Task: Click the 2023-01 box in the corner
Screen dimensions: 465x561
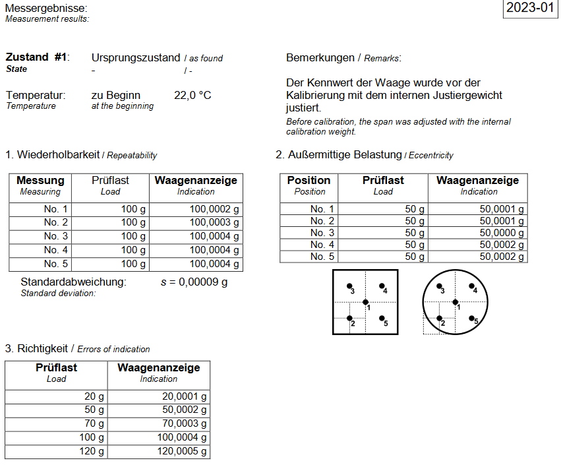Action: [x=530, y=9]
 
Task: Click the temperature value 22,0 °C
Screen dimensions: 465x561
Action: [x=192, y=96]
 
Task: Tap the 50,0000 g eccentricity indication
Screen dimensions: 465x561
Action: [x=502, y=233]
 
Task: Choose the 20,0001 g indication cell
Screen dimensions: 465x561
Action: [x=184, y=396]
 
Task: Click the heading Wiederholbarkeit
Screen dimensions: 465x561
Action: [x=58, y=155]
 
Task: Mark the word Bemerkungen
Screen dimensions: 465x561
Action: [x=320, y=58]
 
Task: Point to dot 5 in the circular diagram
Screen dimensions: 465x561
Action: [x=472, y=318]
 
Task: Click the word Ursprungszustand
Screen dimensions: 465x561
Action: [x=136, y=58]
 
